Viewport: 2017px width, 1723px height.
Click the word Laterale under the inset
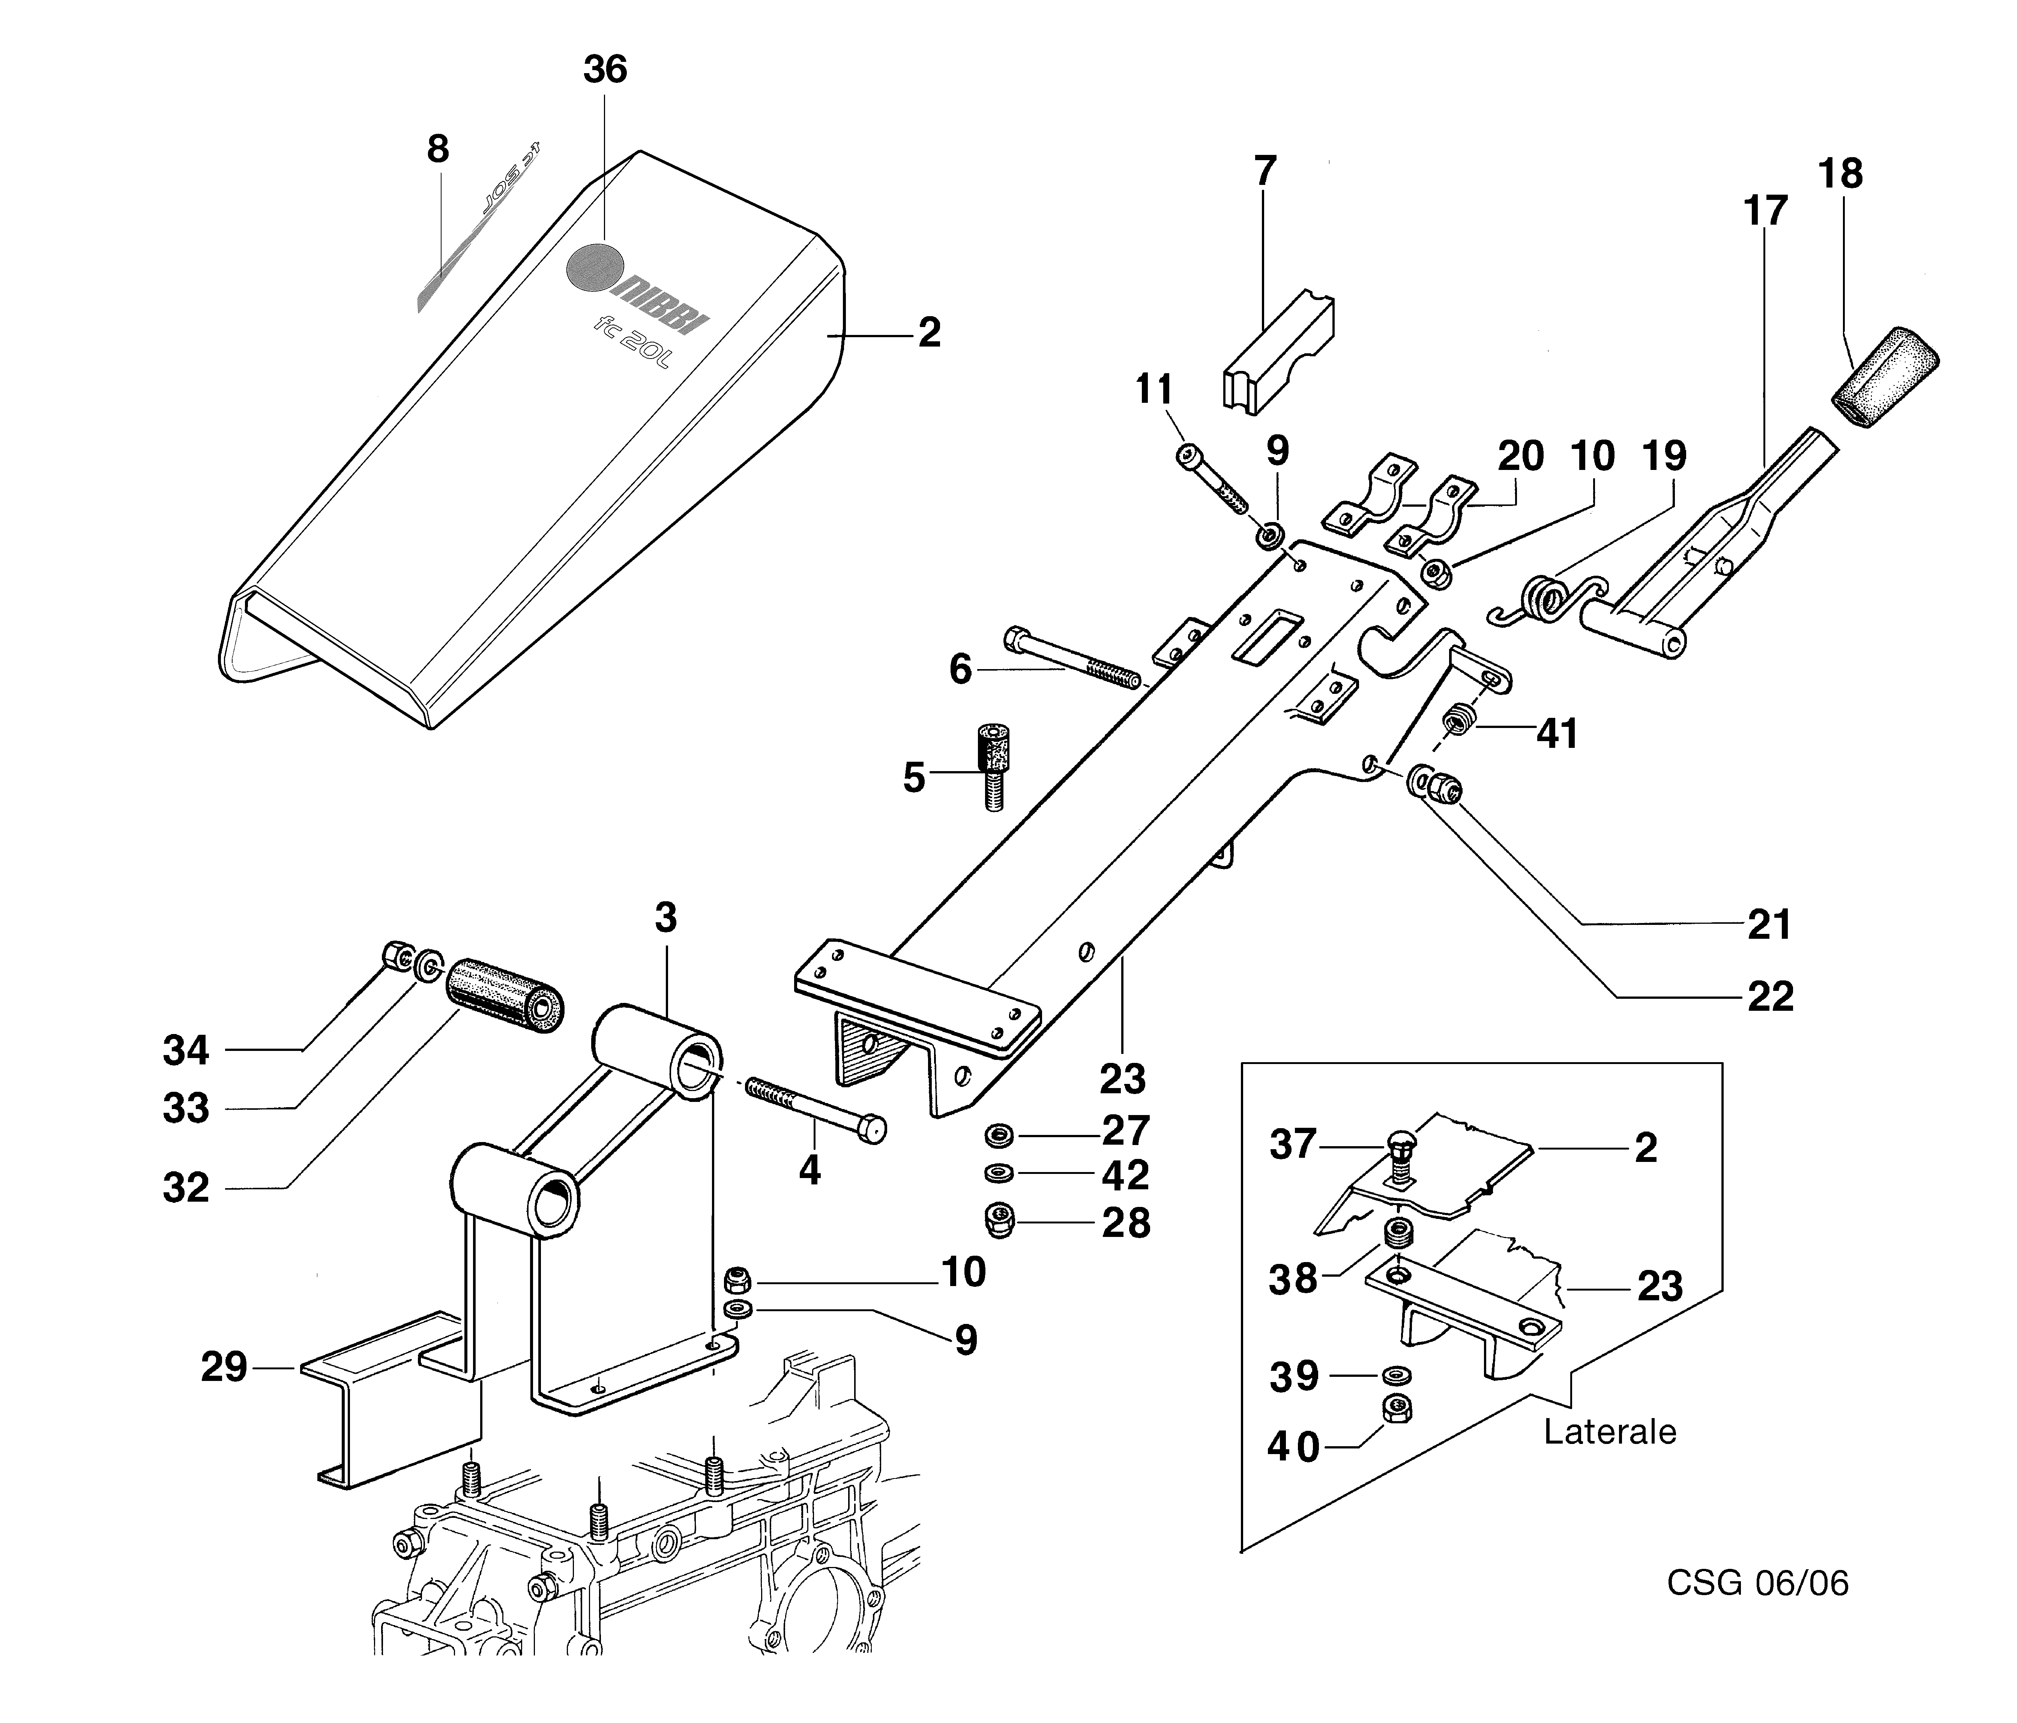(x=1610, y=1432)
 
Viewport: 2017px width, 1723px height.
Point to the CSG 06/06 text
(x=1757, y=1583)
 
